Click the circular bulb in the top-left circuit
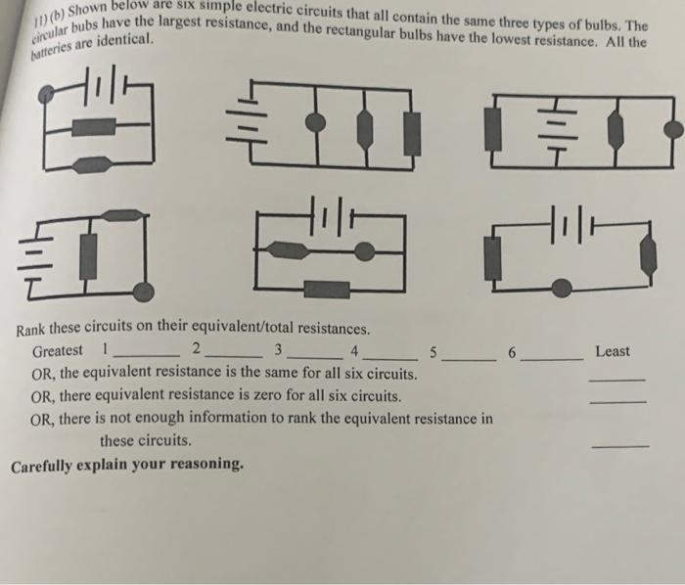pos(46,95)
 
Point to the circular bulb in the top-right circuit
pos(671,128)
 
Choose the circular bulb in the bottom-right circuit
pos(562,287)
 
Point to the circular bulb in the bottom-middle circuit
pos(363,253)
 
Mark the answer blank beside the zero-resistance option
pos(618,401)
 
